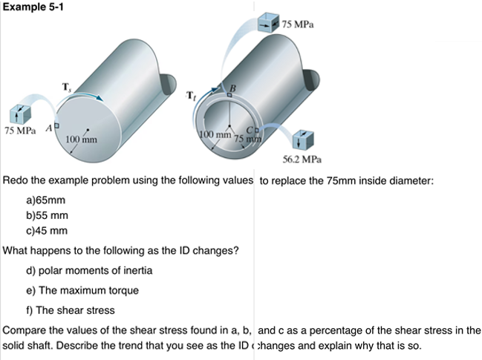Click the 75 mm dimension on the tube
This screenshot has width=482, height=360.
pos(247,139)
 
